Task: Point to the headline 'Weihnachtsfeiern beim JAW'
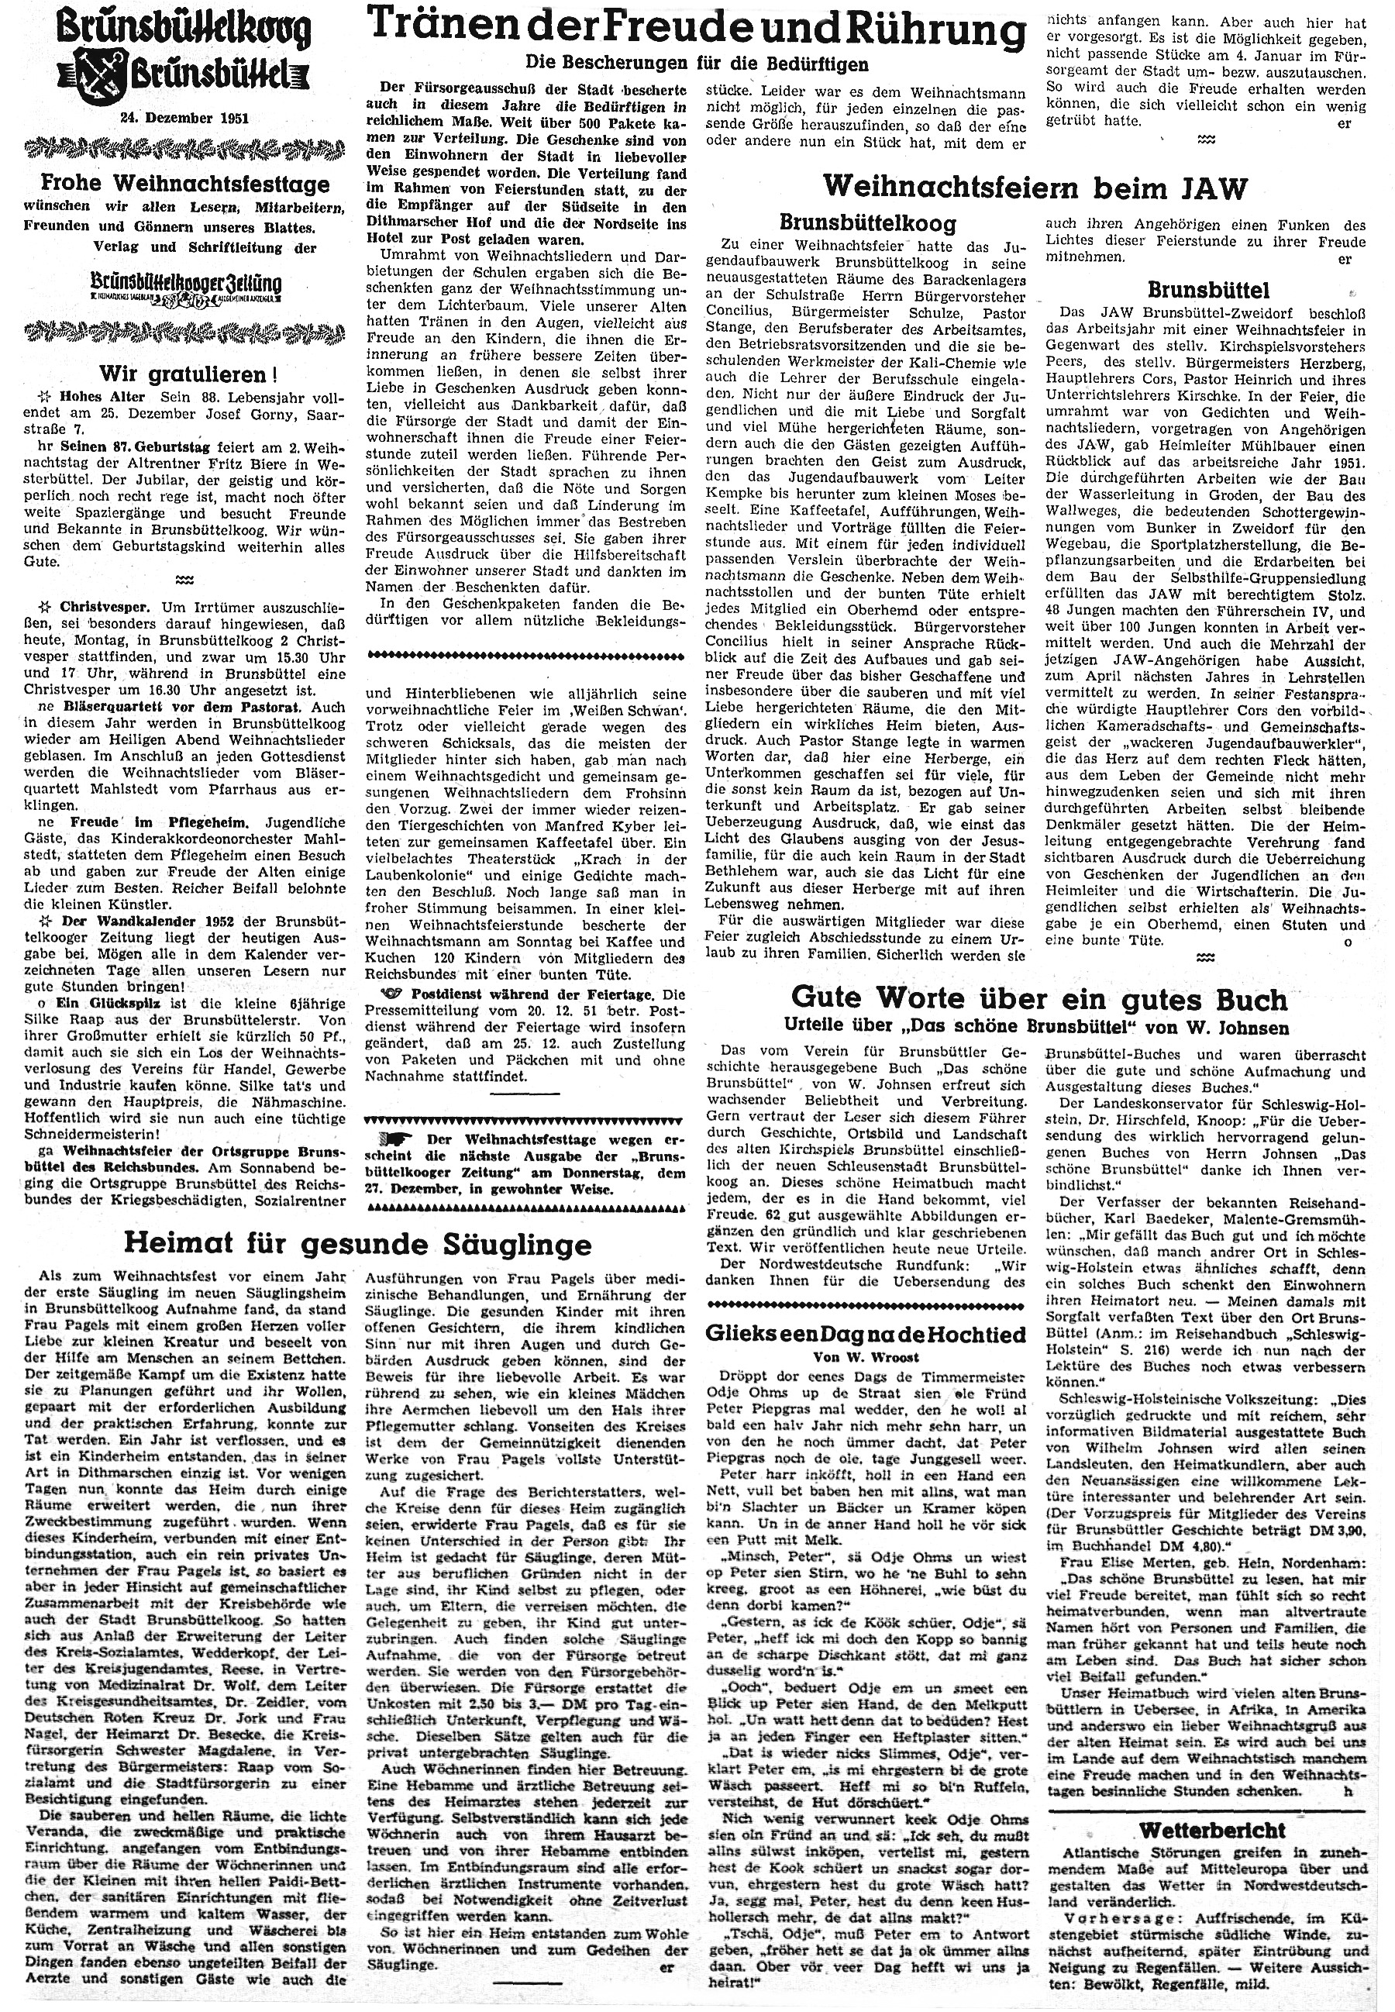pyautogui.click(x=1035, y=186)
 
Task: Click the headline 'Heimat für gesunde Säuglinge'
pyautogui.click(x=358, y=1243)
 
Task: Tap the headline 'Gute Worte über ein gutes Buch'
pyautogui.click(x=1038, y=998)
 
